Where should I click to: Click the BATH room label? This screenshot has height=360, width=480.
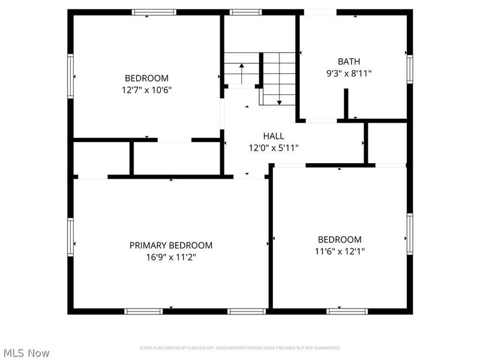[x=349, y=61]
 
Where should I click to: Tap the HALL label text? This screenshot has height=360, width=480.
[x=274, y=136]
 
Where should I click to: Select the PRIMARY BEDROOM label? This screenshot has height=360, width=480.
[x=171, y=245]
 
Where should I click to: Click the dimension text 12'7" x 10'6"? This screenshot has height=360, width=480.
[x=147, y=89]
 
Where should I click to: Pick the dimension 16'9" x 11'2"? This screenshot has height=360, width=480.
[x=171, y=257]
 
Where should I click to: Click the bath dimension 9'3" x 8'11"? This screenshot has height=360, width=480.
[x=349, y=73]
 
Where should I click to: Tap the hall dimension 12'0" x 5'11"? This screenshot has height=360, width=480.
[x=274, y=148]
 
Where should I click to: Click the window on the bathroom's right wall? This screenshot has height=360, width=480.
[x=410, y=68]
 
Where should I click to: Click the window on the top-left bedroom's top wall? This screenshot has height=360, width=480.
[x=154, y=12]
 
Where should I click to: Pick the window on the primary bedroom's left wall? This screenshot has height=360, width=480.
[x=70, y=236]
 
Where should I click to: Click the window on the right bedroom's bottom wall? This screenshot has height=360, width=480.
[x=347, y=311]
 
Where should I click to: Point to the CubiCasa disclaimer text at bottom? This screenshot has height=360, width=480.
[x=240, y=348]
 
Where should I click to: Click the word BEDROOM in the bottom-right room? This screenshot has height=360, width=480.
[x=340, y=239]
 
